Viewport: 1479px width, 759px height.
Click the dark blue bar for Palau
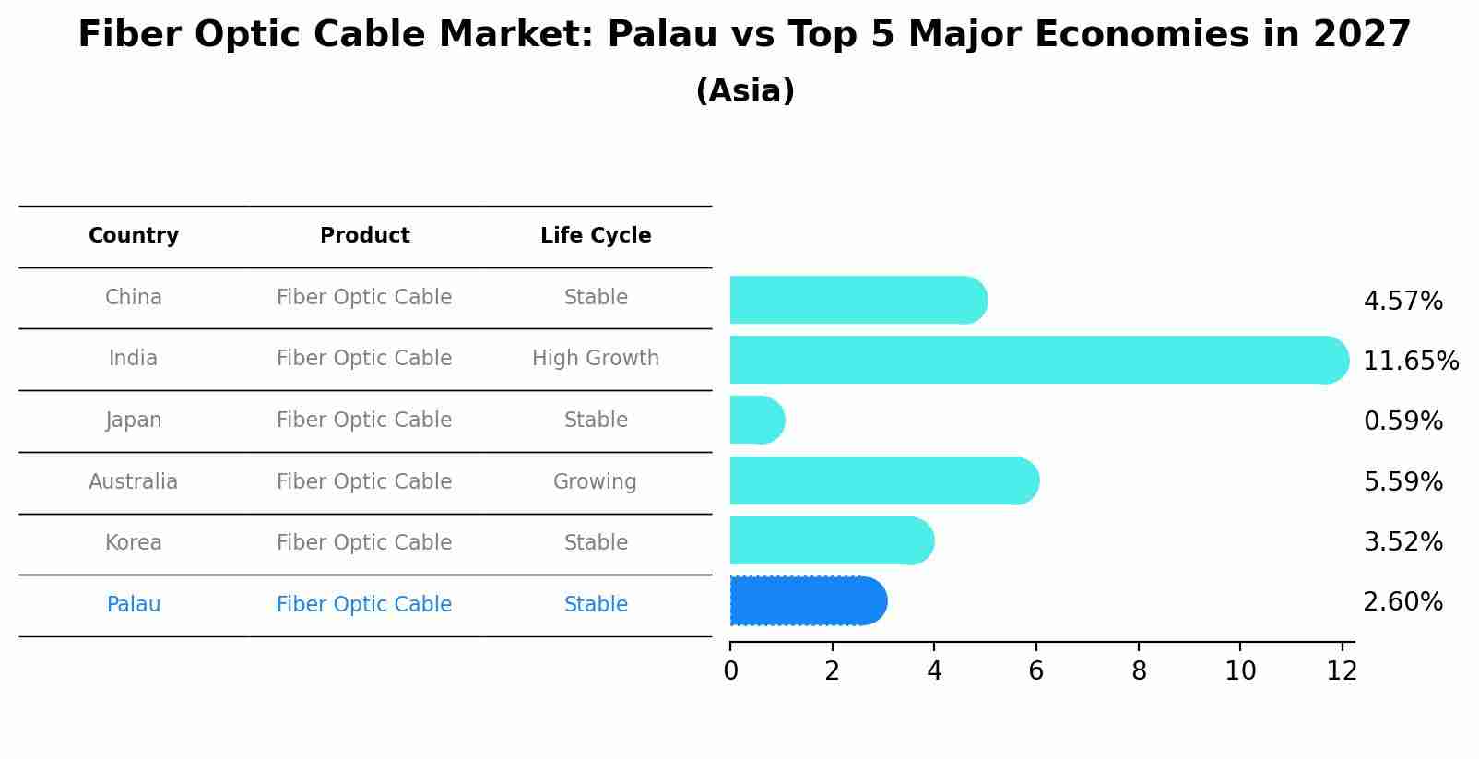807,601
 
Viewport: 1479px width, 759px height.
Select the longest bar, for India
1037,360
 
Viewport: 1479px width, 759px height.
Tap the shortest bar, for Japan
756,421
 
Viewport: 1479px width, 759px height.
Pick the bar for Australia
883,480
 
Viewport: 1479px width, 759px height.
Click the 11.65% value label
1410,361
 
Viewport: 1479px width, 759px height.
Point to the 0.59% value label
1402,421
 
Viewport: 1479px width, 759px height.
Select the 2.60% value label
1402,602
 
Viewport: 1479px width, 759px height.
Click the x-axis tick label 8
1139,671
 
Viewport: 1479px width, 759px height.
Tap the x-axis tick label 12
1342,671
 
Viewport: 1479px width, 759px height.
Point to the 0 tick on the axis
730,671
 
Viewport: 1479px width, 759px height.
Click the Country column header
134,236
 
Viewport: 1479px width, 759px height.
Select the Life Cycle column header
596,236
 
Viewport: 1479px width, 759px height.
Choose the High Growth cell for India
596,359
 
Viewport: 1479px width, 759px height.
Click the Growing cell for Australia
595,481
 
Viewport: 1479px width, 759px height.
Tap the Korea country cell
134,543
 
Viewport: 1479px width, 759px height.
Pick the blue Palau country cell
134,605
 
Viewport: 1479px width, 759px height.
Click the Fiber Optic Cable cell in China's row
364,298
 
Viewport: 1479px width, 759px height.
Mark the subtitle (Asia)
745,91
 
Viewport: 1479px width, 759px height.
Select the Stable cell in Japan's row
596,421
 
